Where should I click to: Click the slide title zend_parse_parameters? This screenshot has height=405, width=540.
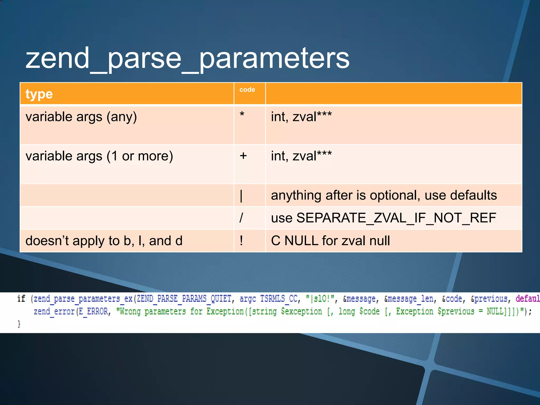pyautogui.click(x=187, y=59)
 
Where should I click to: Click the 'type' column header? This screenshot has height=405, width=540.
pyautogui.click(x=39, y=94)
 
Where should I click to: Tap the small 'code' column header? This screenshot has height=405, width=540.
pyautogui.click(x=247, y=90)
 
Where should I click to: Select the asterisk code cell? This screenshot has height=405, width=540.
pyautogui.click(x=242, y=115)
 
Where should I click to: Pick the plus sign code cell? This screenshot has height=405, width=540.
pyautogui.click(x=243, y=156)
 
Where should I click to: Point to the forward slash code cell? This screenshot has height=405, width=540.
pyautogui.click(x=241, y=218)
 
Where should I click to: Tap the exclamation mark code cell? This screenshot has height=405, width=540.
pyautogui.click(x=241, y=241)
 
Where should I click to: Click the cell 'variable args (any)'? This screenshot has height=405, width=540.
pyautogui.click(x=81, y=117)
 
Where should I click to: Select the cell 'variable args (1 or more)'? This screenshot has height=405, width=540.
pyautogui.click(x=99, y=156)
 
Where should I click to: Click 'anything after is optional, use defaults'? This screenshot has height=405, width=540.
pyautogui.click(x=384, y=195)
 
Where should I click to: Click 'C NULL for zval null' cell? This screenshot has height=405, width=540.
pyautogui.click(x=330, y=241)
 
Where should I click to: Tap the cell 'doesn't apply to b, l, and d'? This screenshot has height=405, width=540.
pyautogui.click(x=104, y=241)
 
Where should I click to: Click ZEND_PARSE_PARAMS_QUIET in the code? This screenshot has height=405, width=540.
pyautogui.click(x=184, y=299)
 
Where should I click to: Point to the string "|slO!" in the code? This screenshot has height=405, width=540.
pyautogui.click(x=320, y=299)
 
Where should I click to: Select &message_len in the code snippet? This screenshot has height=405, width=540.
pyautogui.click(x=408, y=299)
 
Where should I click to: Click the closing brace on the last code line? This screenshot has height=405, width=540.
pyautogui.click(x=19, y=324)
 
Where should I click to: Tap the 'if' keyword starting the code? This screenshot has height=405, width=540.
pyautogui.click(x=21, y=299)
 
